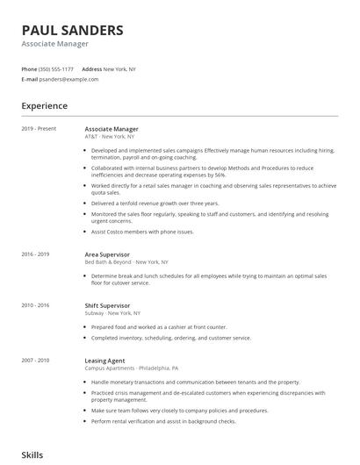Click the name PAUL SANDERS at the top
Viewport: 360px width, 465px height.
(x=73, y=30)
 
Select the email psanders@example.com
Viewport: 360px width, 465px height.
(x=68, y=79)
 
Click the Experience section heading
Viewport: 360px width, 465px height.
(x=44, y=105)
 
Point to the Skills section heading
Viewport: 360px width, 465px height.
(x=32, y=454)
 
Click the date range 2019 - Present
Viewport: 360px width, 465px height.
(x=39, y=128)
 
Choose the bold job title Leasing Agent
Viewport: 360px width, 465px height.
(x=104, y=360)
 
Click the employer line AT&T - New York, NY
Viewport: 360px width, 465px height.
(x=110, y=137)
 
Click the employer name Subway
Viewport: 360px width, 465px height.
(x=93, y=313)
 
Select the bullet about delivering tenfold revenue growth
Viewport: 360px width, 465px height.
(x=155, y=203)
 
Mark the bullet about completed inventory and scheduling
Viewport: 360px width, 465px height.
(x=171, y=337)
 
